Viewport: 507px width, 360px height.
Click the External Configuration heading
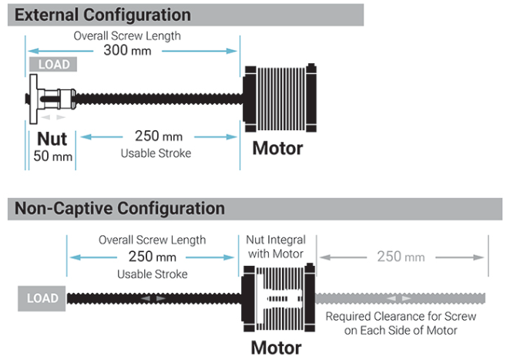point(102,15)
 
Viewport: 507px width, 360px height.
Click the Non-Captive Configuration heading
point(119,208)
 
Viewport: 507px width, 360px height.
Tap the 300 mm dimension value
point(127,50)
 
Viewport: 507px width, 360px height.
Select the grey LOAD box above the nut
point(53,64)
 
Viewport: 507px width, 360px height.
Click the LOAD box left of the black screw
point(42,298)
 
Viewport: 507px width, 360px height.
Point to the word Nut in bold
point(52,139)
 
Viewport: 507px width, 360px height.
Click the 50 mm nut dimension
point(52,156)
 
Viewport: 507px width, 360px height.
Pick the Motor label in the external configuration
point(277,148)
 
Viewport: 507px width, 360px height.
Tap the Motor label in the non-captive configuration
point(276,348)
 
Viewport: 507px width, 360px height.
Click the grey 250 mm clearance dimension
point(401,257)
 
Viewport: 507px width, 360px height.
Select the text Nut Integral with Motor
point(276,247)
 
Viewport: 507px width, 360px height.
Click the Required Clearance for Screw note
point(401,323)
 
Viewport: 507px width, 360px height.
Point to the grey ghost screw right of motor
point(401,298)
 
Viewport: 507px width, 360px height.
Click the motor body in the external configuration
point(280,98)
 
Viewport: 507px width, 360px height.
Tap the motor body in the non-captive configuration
point(278,298)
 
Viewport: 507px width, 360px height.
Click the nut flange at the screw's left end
point(33,99)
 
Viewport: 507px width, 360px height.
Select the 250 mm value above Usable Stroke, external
point(159,136)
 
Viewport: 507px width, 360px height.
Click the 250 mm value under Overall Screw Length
point(153,257)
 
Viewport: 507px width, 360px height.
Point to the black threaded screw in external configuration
point(159,99)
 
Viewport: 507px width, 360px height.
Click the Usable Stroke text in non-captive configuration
point(153,274)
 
